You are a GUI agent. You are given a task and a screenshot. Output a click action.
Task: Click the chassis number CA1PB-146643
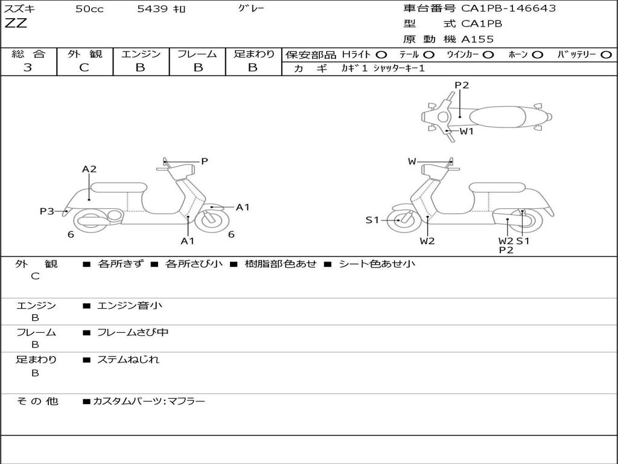click(508, 8)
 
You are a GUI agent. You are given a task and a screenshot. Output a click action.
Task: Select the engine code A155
click(477, 39)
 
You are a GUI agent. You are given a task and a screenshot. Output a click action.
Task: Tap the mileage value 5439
click(154, 9)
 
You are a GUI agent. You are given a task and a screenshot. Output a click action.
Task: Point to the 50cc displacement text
click(89, 9)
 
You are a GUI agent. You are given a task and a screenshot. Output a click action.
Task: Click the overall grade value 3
click(28, 68)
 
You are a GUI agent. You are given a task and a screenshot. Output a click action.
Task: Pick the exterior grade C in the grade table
click(84, 68)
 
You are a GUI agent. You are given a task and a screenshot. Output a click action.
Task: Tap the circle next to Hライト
click(381, 54)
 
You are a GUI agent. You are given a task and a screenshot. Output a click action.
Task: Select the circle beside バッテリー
click(606, 54)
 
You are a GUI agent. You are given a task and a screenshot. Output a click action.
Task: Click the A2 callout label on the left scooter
click(89, 169)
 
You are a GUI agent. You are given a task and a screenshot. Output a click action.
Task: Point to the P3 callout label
click(47, 211)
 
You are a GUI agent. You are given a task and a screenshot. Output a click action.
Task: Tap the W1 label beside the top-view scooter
click(467, 131)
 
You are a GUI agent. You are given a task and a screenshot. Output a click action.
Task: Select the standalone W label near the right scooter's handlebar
click(412, 161)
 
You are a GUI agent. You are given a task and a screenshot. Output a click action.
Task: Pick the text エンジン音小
click(130, 306)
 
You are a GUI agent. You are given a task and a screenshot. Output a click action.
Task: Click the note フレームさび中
click(133, 332)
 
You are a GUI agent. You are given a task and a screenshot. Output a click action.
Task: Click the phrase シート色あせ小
click(377, 263)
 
